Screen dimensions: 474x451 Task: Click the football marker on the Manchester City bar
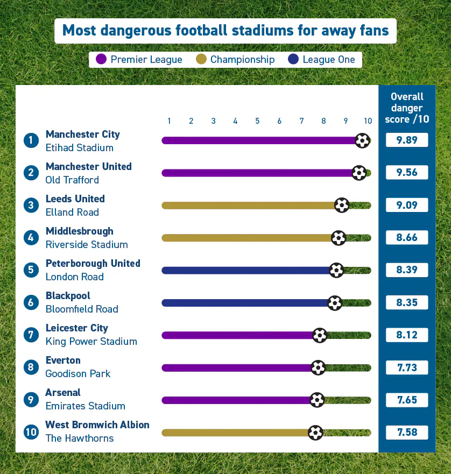[363, 140]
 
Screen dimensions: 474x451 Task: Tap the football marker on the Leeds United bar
[342, 205]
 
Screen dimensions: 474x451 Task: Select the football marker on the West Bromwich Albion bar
[315, 433]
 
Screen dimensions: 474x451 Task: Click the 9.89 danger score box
[407, 140]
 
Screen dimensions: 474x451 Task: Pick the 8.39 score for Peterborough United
[407, 270]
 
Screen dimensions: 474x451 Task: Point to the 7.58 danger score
[407, 433]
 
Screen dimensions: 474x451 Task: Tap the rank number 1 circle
[31, 140]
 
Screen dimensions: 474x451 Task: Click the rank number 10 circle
[31, 433]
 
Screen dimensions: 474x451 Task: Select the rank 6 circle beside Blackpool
[31, 302]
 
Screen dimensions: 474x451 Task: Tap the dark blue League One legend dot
[293, 59]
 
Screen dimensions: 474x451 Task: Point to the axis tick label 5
[257, 121]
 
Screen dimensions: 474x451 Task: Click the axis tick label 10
[368, 121]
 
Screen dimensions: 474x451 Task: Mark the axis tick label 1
[169, 121]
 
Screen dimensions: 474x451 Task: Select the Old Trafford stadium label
[72, 180]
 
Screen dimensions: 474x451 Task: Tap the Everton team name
[63, 360]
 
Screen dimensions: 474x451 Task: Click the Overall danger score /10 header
[407, 108]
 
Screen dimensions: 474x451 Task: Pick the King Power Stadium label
[91, 341]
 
